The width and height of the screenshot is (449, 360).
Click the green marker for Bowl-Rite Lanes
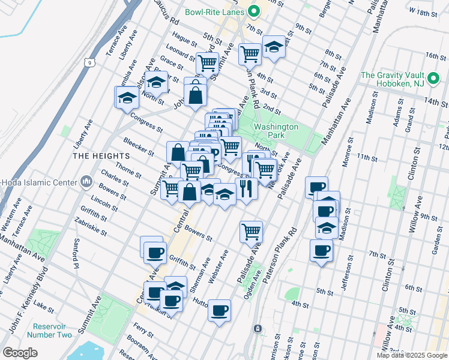(x=253, y=11)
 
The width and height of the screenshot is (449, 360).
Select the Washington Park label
(x=276, y=131)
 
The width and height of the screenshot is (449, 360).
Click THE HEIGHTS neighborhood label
(x=93, y=155)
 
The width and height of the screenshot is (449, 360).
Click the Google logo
(x=20, y=352)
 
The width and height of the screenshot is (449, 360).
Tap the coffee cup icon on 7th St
(x=321, y=250)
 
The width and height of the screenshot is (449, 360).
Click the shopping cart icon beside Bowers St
(x=251, y=232)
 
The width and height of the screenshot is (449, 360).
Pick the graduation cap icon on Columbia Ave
(x=127, y=97)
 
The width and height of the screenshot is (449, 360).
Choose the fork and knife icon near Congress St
(x=246, y=188)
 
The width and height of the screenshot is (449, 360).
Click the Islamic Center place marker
(x=86, y=181)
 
